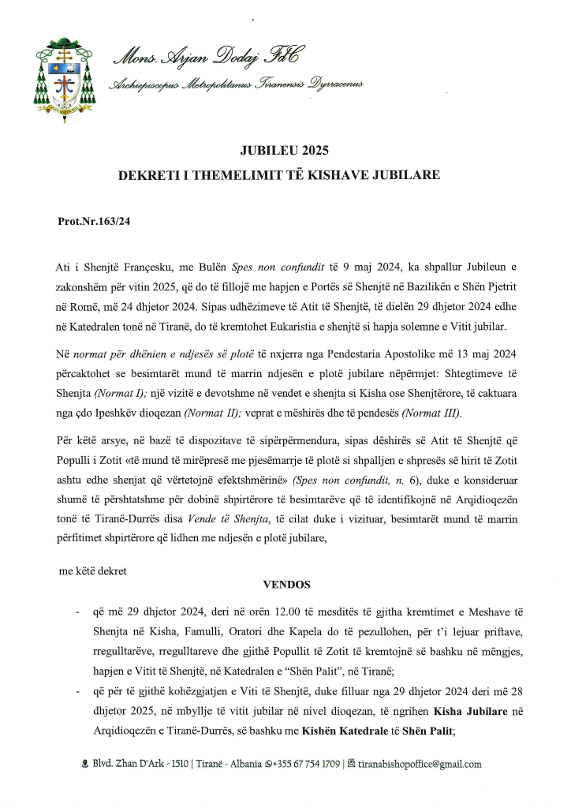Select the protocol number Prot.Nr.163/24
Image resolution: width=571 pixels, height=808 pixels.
pos(94,222)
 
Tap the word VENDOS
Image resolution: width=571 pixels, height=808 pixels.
pos(286,585)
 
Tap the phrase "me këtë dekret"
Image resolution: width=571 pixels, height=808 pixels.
pos(92,570)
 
